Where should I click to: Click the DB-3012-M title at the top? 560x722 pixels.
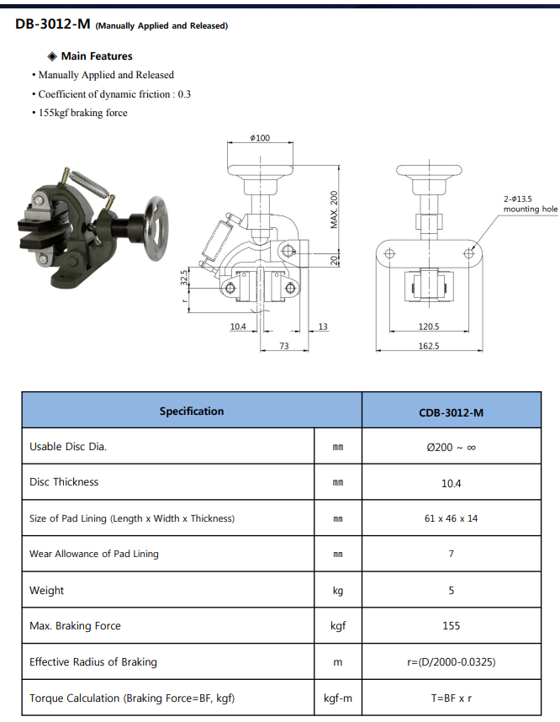[53, 24]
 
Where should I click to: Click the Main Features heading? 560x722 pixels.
[97, 56]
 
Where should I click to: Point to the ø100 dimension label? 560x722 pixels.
[260, 138]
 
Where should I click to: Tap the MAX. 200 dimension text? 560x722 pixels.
[334, 210]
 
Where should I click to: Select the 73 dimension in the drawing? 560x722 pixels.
[284, 346]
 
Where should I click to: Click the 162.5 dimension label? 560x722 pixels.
[428, 346]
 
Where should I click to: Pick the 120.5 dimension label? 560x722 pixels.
[428, 326]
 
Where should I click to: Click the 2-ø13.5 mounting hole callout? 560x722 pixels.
[530, 204]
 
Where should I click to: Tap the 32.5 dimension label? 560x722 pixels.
[184, 278]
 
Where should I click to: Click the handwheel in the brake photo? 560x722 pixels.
[156, 228]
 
